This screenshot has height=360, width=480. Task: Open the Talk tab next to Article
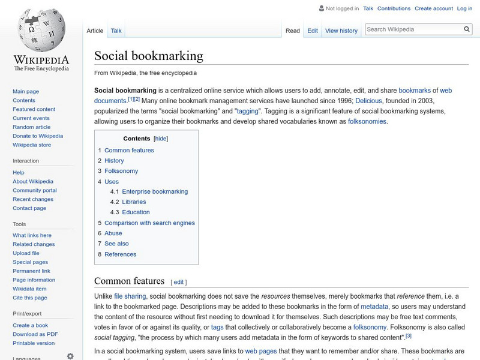pyautogui.click(x=116, y=31)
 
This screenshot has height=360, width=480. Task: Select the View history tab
pyautogui.click(x=341, y=31)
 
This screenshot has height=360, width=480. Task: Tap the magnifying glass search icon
pyautogui.click(x=467, y=29)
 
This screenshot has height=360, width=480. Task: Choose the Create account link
pyautogui.click(x=434, y=8)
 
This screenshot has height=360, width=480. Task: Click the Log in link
pyautogui.click(x=464, y=8)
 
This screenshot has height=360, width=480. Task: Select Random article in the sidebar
pyautogui.click(x=32, y=127)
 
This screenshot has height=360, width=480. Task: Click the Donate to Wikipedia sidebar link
pyautogui.click(x=38, y=136)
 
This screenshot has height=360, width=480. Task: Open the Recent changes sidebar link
pyautogui.click(x=33, y=199)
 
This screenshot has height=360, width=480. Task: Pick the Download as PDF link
pyautogui.click(x=35, y=334)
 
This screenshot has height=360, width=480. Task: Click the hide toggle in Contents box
pyautogui.click(x=161, y=139)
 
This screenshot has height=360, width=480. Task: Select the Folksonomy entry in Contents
pyautogui.click(x=121, y=171)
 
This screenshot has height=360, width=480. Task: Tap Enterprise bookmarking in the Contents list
pyautogui.click(x=155, y=191)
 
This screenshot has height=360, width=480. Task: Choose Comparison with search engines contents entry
pyautogui.click(x=149, y=223)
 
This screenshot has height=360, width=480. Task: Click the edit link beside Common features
pyautogui.click(x=179, y=282)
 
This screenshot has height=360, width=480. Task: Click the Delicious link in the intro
pyautogui.click(x=368, y=101)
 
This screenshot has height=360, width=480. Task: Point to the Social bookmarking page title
pyautogui.click(x=149, y=56)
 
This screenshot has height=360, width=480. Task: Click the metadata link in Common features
pyautogui.click(x=374, y=306)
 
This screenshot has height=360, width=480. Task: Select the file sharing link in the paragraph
pyautogui.click(x=130, y=296)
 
